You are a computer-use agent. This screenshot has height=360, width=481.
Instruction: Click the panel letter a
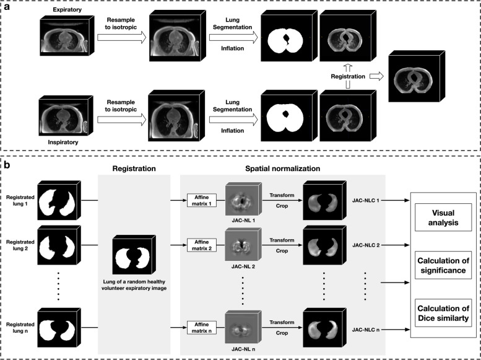pyautogui.click(x=6, y=6)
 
